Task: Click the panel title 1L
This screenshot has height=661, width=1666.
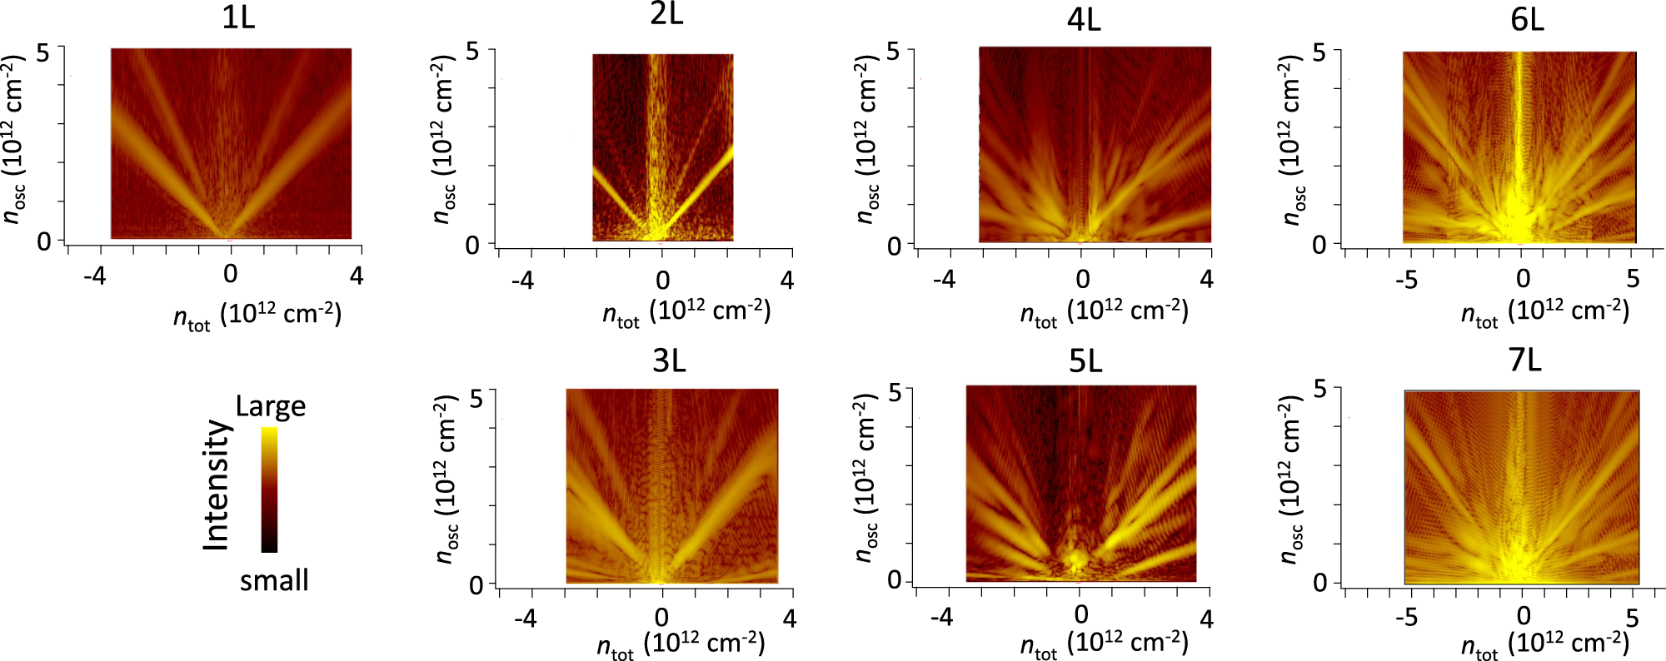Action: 238,17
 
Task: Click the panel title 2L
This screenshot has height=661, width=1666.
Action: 666,14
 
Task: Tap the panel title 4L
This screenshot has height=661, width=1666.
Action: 1084,19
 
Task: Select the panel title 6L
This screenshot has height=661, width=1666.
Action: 1527,19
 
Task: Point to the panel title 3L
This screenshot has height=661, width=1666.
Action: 669,361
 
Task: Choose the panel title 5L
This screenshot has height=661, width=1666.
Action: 1085,361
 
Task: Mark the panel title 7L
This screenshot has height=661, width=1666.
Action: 1524,360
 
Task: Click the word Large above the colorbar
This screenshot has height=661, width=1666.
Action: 271,406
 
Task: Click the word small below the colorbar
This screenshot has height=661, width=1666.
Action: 274,579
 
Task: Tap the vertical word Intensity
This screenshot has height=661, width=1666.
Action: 217,485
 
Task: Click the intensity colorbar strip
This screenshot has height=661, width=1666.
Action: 269,490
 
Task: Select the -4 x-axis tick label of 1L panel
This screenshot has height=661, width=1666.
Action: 95,276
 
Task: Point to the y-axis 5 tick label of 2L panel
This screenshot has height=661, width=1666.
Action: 472,52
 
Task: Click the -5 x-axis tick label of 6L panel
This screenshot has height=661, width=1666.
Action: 1406,280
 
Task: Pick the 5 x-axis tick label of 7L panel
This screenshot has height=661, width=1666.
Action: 1632,618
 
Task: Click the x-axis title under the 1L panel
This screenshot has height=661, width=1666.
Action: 257,316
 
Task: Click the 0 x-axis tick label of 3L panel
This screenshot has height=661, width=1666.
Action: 661,618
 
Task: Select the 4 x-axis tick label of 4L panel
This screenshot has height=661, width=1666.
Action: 1206,280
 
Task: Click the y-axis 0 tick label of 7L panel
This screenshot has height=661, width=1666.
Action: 1320,583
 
